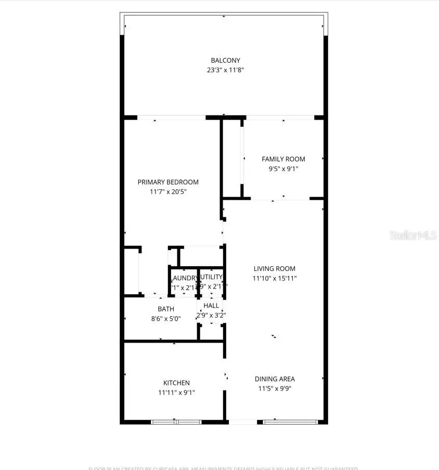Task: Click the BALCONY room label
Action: pos(225,60)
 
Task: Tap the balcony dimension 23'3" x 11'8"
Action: pos(225,70)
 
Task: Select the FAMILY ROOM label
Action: pos(283,159)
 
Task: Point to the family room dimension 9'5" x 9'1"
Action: pos(283,168)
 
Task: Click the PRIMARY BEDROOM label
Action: pos(168,182)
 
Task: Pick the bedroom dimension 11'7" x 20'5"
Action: pos(168,192)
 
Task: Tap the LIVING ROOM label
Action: pos(274,269)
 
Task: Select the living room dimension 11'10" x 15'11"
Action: pos(274,279)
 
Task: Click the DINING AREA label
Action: pos(275,379)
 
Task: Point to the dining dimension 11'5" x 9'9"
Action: pos(275,388)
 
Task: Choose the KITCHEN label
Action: pos(176,383)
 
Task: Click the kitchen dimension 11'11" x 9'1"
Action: pos(176,393)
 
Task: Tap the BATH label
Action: pos(166,309)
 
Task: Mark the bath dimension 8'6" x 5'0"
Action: pos(166,319)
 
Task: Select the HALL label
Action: pos(211,306)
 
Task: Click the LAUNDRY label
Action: pos(184,278)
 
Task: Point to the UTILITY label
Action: pos(211,277)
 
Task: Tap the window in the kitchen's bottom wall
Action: pos(176,422)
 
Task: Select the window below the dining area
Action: pos(289,422)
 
